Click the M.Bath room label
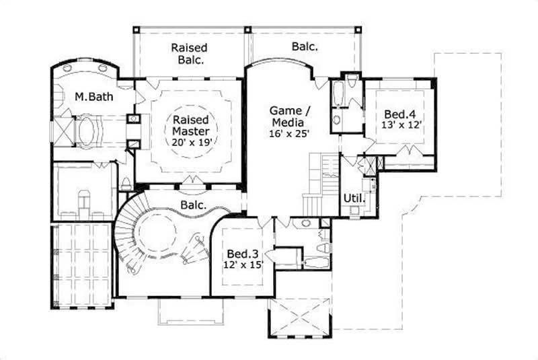tap(93, 97)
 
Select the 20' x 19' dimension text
tap(190, 142)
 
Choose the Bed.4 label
tap(399, 114)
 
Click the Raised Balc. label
tap(188, 54)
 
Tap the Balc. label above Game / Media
tap(305, 47)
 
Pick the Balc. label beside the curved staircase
tap(192, 204)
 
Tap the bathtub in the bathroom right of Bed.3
tap(314, 262)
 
